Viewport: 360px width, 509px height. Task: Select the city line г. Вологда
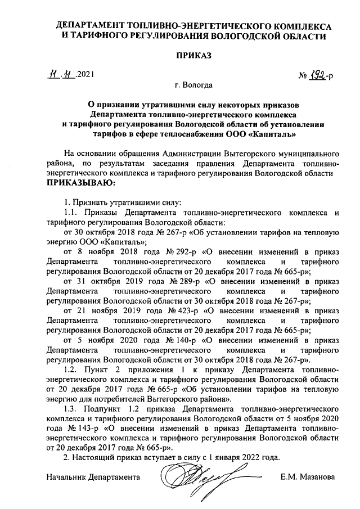[x=193, y=85]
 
